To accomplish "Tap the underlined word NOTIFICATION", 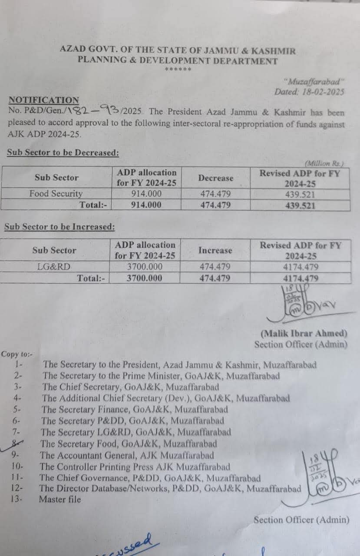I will (44, 100).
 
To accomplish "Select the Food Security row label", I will (56, 194).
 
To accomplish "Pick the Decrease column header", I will (215, 178).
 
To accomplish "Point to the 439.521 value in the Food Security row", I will (300, 195).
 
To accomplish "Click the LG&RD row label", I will (54, 267).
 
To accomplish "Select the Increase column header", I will (215, 250).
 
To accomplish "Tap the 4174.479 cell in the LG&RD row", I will (300, 267).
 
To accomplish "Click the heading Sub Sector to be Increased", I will (59, 227).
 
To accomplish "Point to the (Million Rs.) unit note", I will (324, 164).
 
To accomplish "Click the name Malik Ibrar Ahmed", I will (304, 334).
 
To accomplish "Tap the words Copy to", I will (17, 354).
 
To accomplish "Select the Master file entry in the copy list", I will (60, 500).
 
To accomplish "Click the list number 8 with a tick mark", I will (17, 443).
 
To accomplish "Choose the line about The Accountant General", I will (127, 455).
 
